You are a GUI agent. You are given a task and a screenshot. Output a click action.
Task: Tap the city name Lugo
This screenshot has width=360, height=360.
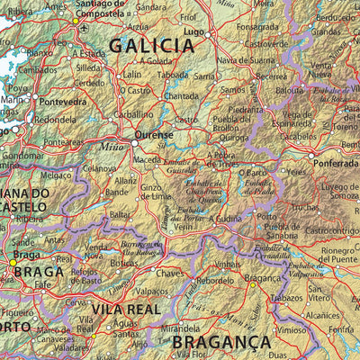tap(193, 31)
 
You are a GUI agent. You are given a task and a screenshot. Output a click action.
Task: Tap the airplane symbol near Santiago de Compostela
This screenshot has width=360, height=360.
tap(84, 28)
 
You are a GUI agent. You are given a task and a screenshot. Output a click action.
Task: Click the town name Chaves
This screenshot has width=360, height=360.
tap(170, 273)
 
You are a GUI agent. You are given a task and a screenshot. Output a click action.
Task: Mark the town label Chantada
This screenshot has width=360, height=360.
tap(181, 96)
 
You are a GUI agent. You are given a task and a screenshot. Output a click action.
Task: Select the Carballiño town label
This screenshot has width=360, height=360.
tap(133, 115)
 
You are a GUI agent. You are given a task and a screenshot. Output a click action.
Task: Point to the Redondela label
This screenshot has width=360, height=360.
tap(56, 119)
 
